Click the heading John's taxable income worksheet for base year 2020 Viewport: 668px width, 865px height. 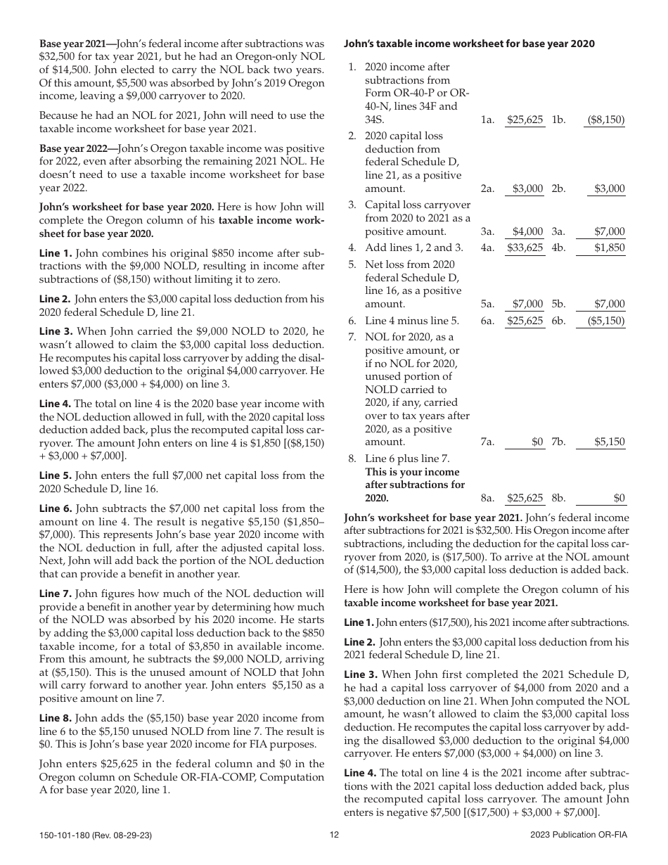coord(469,44)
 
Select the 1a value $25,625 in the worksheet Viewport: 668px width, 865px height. coord(525,120)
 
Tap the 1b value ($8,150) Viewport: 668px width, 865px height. coord(605,120)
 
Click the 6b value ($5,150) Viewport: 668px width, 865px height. coord(605,321)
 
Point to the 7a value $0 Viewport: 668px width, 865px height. coord(537,442)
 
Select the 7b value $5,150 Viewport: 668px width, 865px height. coord(609,442)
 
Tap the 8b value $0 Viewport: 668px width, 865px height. coord(619,499)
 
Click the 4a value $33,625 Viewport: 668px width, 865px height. coord(525,248)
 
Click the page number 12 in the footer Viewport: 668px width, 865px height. coord(334,835)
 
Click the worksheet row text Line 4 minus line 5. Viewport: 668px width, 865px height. coord(412,321)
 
